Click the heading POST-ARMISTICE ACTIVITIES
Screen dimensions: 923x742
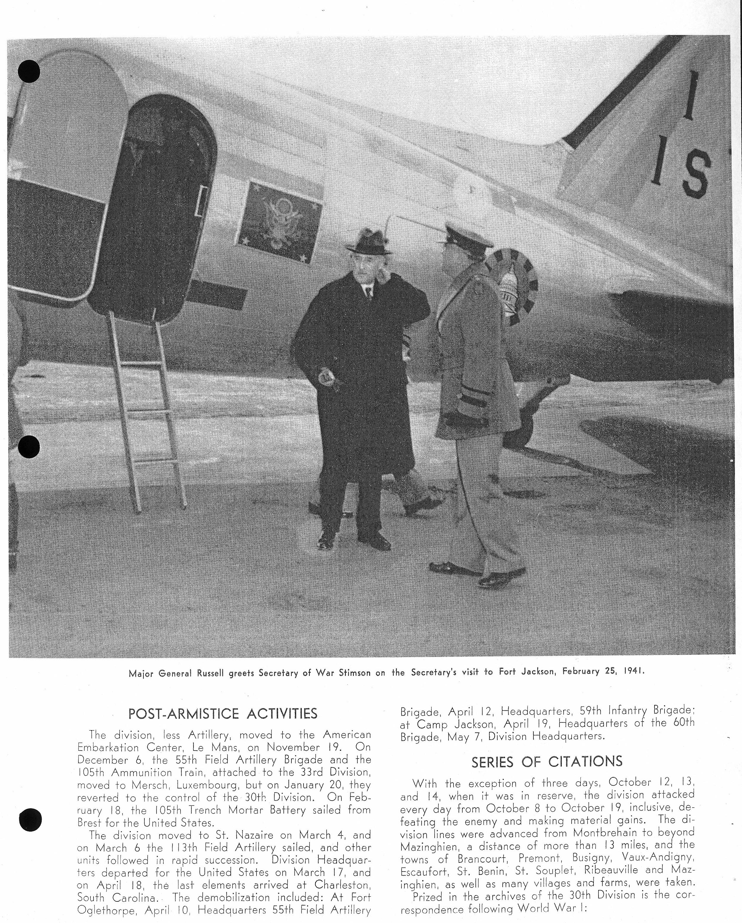223,714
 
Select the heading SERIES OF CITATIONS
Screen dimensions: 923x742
547,761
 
